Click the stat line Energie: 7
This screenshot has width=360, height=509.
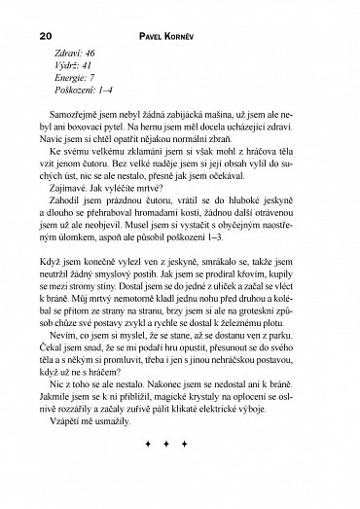(x=76, y=80)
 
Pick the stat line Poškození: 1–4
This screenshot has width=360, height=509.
(x=86, y=92)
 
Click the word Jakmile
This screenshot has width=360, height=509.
(x=59, y=435)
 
